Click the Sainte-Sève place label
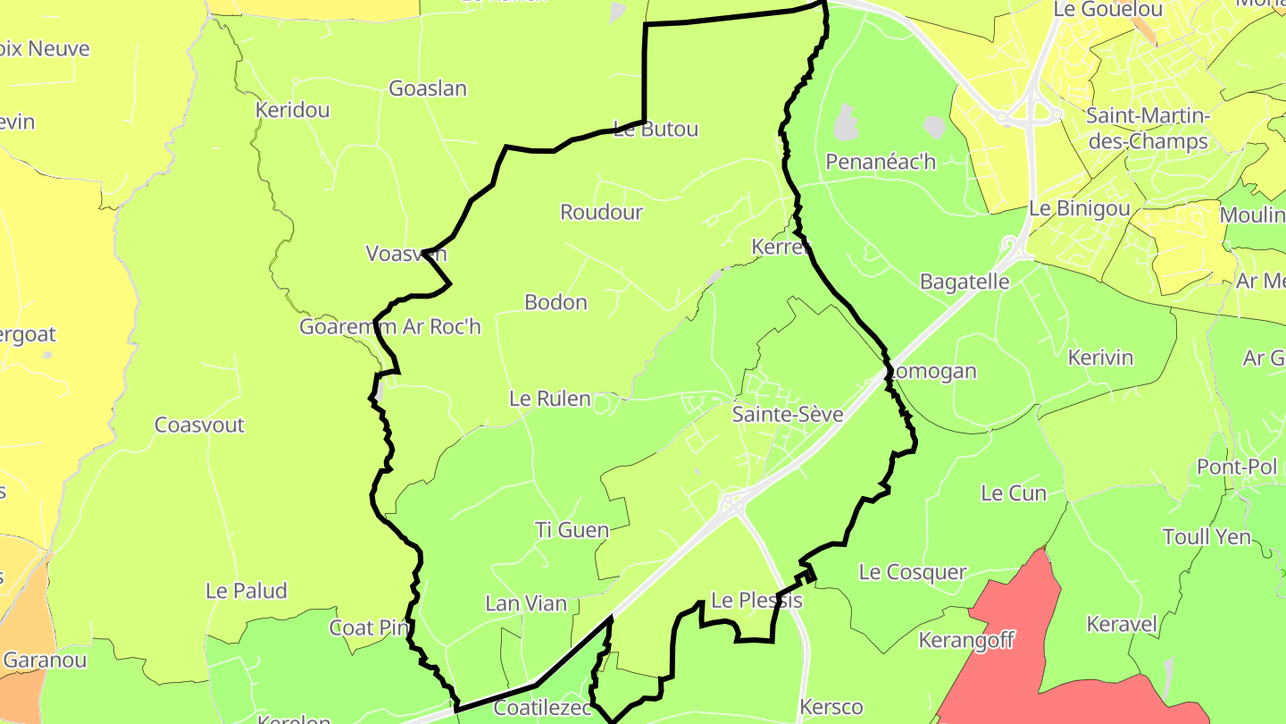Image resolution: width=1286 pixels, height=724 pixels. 787,414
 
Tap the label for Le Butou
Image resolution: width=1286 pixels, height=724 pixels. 656,129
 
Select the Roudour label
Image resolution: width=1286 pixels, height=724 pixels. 601,212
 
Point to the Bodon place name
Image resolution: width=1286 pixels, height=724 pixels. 555,302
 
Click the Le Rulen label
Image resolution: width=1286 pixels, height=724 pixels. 550,399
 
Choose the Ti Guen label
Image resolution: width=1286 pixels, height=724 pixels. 572,530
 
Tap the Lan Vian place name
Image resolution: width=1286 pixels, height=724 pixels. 526,603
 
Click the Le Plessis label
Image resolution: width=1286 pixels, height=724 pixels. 756,601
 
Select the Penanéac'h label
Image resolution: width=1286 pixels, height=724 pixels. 881,162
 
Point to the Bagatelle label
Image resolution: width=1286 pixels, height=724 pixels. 964,282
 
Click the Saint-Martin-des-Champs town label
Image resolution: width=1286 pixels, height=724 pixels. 1148,128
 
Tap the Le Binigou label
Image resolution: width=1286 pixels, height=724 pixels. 1079,208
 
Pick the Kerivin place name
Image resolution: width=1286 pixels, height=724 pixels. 1100,358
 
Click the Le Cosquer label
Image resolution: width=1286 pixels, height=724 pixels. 913,572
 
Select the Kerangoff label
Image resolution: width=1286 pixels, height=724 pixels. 967,640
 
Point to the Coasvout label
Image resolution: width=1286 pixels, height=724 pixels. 199,425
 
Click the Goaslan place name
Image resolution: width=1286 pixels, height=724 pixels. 428,88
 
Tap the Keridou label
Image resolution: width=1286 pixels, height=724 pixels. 292,110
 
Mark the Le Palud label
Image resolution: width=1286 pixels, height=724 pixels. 246,591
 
